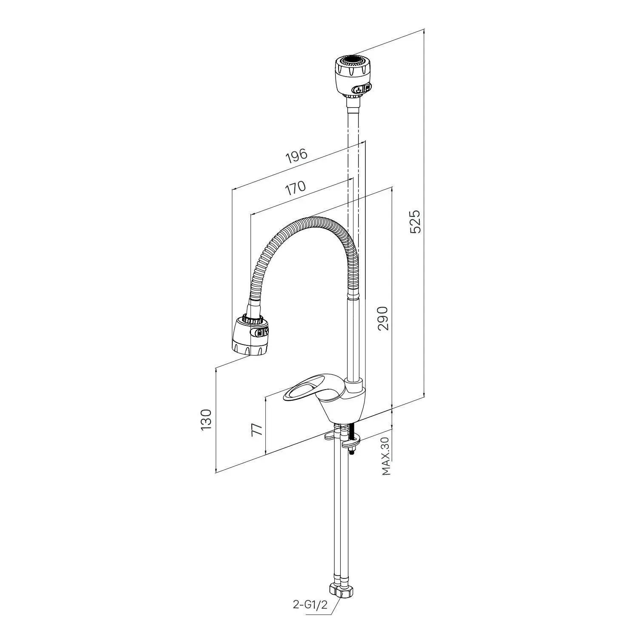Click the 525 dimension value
pos(416,221)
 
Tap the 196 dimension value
pos(296,156)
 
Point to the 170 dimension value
pos(295,188)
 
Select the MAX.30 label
pos(386,456)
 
